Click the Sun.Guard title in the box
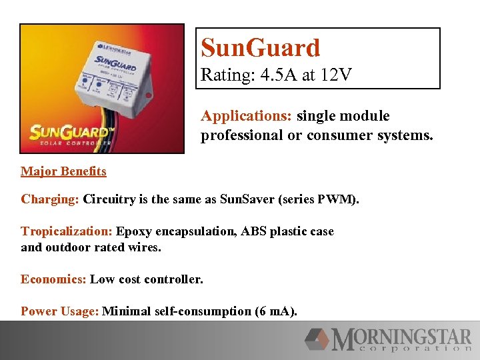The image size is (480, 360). [x=261, y=48]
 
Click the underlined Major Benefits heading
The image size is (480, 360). [x=63, y=171]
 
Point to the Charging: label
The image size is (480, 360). [x=50, y=199]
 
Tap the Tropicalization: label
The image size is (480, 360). [x=67, y=231]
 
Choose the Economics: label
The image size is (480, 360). [x=53, y=279]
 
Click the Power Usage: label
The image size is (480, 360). [x=60, y=311]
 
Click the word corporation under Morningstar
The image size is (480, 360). [x=413, y=348]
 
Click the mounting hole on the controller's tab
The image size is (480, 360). [x=148, y=95]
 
